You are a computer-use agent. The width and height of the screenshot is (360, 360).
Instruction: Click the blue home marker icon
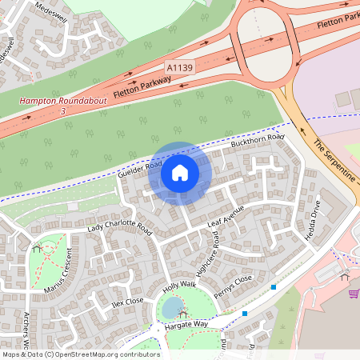180,172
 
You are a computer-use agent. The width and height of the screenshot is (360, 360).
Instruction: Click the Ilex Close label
128,302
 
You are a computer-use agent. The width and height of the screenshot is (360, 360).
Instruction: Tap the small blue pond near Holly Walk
171,306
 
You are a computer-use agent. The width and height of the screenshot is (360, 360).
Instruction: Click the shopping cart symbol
354,293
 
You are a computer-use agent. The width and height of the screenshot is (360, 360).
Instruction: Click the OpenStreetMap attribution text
80,354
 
